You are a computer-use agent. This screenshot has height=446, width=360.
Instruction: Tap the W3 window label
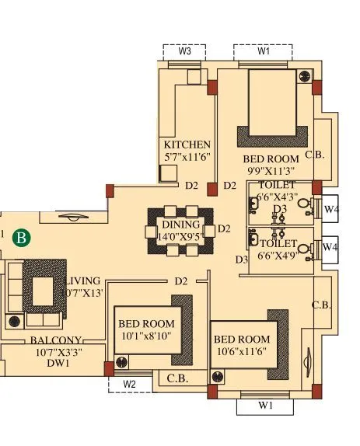tap(184, 51)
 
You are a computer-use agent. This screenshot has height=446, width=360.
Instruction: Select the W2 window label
tap(129, 384)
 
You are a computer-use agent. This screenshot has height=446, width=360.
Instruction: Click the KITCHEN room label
tap(187, 145)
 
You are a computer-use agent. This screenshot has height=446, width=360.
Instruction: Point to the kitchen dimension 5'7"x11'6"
tap(187, 158)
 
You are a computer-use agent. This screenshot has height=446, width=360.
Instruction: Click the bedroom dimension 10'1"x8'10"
tap(146, 336)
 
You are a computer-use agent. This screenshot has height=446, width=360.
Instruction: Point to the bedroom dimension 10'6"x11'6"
tap(241, 352)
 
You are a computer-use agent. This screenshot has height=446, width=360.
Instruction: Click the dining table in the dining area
tap(180, 230)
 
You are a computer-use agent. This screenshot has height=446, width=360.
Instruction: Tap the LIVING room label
tap(82, 280)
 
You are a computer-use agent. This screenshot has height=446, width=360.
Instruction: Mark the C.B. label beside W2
tap(177, 378)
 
